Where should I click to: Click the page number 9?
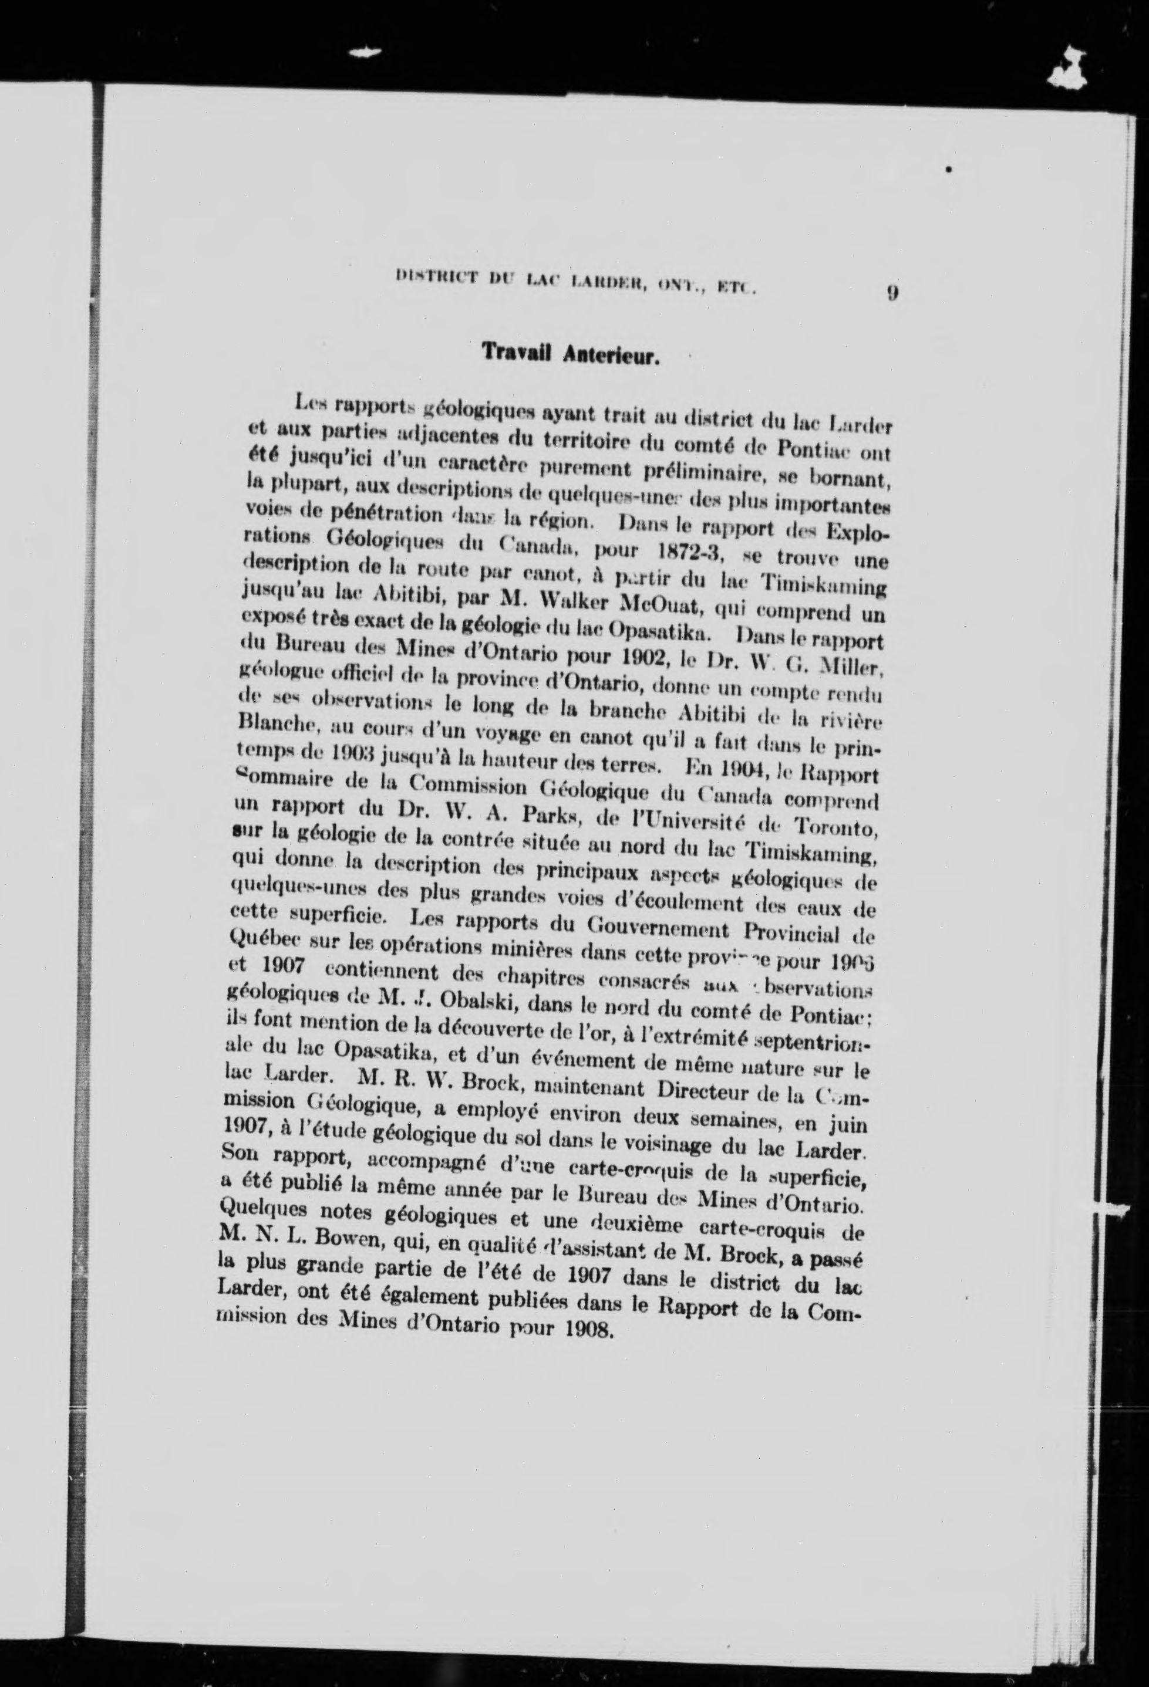[x=892, y=293]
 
